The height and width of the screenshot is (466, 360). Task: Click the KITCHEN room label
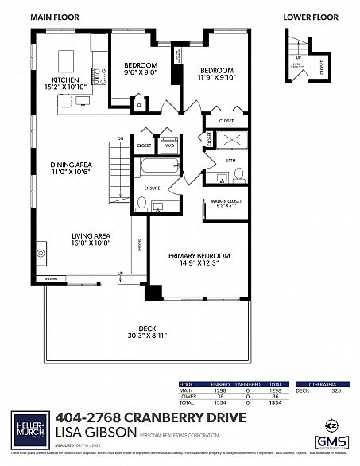(x=64, y=80)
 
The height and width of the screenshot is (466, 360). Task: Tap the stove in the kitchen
(x=101, y=76)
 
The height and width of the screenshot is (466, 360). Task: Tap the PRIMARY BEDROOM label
(x=199, y=255)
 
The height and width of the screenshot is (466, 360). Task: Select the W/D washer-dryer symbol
(x=168, y=146)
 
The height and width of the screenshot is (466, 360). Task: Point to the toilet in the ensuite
(x=142, y=204)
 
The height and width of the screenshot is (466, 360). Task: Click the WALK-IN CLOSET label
(x=226, y=201)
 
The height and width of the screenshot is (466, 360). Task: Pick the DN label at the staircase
(x=121, y=138)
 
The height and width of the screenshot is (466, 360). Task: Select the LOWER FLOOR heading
(x=308, y=15)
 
